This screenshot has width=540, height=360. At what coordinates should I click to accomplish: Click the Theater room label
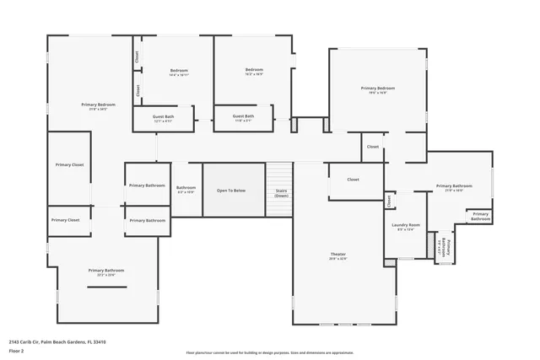(x=337, y=254)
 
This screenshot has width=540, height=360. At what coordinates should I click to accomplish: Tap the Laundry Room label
(x=405, y=225)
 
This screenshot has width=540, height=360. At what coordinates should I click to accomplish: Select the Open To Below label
(x=231, y=191)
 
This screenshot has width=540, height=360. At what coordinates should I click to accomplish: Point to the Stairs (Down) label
(x=282, y=192)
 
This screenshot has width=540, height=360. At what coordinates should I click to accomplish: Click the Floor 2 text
(x=17, y=351)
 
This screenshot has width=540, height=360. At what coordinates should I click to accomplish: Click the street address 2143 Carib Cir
(x=24, y=342)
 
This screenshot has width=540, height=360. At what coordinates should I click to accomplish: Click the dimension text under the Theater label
(x=337, y=258)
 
